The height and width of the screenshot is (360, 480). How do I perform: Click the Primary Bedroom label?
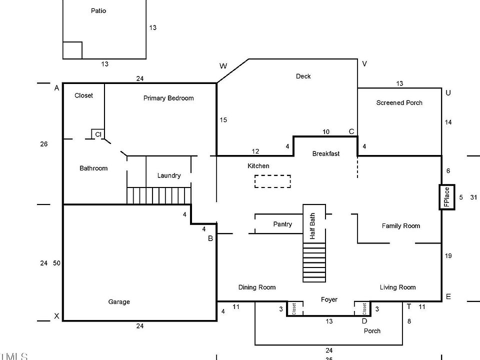168,98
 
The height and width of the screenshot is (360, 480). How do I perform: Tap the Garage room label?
119,301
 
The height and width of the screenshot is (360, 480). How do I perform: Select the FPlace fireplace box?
447,197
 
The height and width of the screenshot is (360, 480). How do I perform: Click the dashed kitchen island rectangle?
272,181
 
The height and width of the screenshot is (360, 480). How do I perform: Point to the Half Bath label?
313,226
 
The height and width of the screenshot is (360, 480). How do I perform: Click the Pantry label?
282,224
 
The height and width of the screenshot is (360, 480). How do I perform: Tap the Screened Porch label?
399,102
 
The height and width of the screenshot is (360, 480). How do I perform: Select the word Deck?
303,76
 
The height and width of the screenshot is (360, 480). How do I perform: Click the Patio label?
98,10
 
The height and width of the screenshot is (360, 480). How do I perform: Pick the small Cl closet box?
98,134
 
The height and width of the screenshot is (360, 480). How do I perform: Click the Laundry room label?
169,175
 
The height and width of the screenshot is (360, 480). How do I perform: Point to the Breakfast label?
326,153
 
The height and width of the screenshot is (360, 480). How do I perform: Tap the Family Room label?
401,225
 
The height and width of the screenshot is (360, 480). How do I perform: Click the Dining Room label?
257,287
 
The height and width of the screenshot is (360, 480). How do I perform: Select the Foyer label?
329,299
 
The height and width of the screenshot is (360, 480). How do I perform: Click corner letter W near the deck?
223,66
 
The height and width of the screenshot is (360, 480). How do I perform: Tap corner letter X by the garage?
56,316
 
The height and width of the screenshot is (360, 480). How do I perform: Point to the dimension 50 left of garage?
56,263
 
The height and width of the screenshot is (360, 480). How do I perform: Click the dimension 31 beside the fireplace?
473,197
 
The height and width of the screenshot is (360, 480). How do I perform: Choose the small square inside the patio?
72,50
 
